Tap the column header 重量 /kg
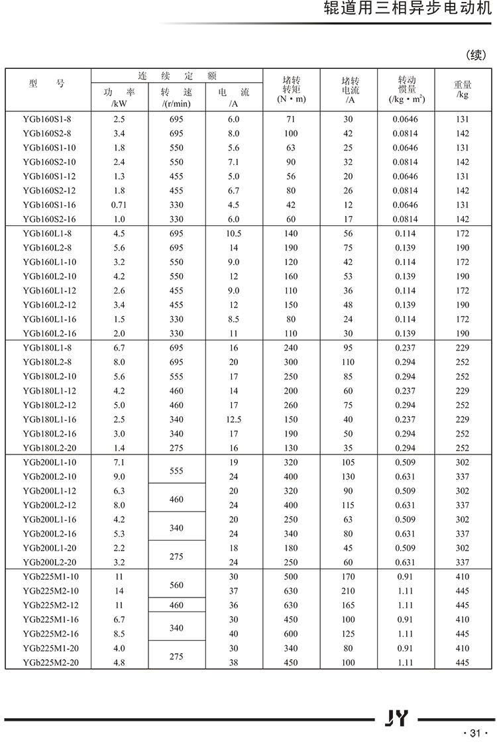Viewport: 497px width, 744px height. coord(463,89)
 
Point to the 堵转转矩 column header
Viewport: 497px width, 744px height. coord(291,89)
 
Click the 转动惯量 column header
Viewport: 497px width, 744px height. coord(407,89)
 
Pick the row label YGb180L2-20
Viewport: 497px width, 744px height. coord(50,448)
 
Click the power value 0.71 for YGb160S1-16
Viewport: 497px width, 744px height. coord(119,205)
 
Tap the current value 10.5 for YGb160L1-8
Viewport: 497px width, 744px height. coord(234,233)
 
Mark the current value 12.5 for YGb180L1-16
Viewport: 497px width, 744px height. coord(234,419)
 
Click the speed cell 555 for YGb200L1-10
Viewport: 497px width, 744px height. coord(176,470)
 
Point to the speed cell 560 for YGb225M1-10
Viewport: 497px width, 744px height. coord(176,584)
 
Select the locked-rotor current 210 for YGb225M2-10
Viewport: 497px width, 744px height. coord(349,591)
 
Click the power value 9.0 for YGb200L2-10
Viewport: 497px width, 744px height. coord(119,476)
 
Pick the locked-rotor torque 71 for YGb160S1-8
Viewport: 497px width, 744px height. coord(291,119)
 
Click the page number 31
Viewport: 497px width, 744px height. coord(473,733)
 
